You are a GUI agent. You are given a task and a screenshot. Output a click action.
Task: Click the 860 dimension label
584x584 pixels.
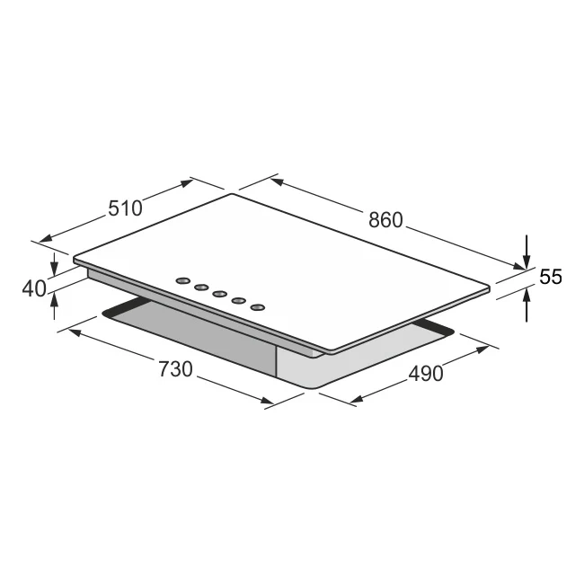pyautogui.click(x=386, y=220)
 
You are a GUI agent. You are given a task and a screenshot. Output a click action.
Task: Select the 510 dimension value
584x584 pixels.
pyautogui.click(x=125, y=208)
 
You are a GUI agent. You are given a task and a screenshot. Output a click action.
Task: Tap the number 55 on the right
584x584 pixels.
pyautogui.click(x=551, y=278)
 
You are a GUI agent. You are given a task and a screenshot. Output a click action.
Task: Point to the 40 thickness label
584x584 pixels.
pyautogui.click(x=33, y=289)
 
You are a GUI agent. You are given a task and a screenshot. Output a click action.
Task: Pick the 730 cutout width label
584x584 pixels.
pyautogui.click(x=177, y=368)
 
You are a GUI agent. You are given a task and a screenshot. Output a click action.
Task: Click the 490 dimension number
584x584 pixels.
pyautogui.click(x=426, y=373)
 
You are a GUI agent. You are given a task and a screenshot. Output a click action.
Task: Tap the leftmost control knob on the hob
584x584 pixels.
pyautogui.click(x=182, y=279)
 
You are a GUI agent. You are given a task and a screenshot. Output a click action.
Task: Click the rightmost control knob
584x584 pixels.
pyautogui.click(x=258, y=307)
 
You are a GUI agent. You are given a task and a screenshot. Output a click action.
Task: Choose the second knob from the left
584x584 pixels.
pyautogui.click(x=201, y=287)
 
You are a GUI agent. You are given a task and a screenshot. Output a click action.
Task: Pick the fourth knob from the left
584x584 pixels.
pyautogui.click(x=239, y=300)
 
